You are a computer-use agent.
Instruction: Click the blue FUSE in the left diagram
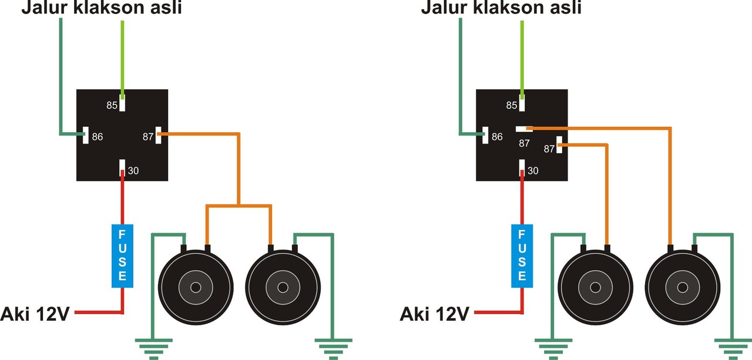point(122,255)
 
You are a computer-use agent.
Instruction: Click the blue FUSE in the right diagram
point(521,255)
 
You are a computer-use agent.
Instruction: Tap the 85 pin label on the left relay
point(112,106)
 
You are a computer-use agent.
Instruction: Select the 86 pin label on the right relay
point(497,136)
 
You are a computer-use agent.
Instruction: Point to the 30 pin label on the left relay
point(133,171)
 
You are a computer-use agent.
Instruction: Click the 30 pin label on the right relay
point(532,171)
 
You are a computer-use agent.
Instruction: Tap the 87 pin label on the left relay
point(147,136)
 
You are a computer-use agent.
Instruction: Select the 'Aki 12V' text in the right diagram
point(434,313)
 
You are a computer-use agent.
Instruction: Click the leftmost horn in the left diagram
point(196,288)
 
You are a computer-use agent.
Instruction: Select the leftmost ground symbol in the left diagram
point(154,348)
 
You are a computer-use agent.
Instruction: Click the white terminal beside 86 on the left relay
point(85,136)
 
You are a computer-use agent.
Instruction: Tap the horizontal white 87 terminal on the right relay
point(522,128)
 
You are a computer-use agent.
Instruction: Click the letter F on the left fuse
point(122,233)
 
